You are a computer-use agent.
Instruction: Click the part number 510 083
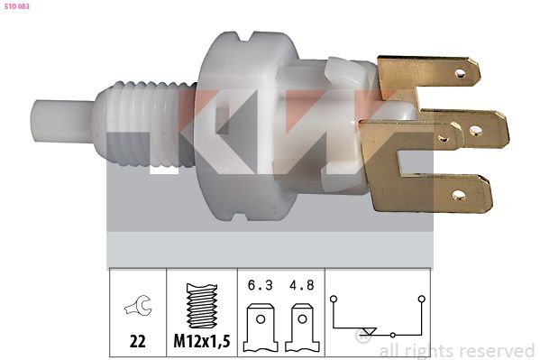[x=16, y=6]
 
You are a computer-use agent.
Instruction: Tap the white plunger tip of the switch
[x=61, y=121]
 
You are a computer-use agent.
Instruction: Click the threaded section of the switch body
[x=144, y=125]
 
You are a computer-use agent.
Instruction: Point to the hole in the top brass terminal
[x=460, y=73]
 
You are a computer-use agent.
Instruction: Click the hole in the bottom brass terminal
[x=459, y=196]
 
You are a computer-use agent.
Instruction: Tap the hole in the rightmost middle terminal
[x=476, y=130]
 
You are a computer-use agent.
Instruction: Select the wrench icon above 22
[x=138, y=306]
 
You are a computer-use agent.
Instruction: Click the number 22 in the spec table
[x=138, y=341]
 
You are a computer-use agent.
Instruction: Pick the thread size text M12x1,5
[x=202, y=341]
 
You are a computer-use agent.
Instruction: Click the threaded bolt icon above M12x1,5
[x=202, y=306]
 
